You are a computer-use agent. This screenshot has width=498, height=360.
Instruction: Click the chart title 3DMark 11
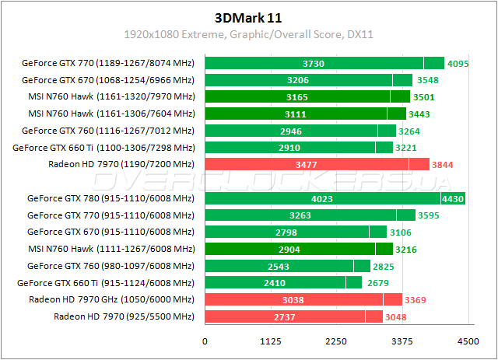(248, 17)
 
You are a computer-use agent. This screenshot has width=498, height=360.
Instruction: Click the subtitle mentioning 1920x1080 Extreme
(248, 34)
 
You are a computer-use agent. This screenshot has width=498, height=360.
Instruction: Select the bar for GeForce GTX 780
(335, 197)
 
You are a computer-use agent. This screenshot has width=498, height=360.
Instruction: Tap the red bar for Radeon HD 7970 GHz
(303, 299)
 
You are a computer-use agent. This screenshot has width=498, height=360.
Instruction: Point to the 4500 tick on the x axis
(468, 341)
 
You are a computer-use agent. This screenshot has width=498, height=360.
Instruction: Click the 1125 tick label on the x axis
(270, 341)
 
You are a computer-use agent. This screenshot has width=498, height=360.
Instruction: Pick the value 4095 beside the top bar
(458, 63)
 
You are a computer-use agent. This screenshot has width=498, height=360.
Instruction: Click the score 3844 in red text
(443, 164)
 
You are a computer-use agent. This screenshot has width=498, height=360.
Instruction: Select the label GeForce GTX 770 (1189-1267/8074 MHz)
(108, 63)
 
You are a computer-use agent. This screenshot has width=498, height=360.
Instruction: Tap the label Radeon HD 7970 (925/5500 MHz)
(123, 316)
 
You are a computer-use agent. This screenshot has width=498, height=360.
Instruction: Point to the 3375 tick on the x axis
(402, 341)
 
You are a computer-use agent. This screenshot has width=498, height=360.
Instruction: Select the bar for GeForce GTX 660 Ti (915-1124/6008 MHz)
(283, 282)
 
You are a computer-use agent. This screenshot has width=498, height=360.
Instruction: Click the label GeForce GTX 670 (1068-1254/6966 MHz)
(108, 79)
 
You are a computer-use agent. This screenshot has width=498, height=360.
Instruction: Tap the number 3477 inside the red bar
(306, 164)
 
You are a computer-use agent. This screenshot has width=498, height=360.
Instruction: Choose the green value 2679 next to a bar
(379, 282)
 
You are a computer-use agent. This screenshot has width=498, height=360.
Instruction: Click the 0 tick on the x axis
(205, 341)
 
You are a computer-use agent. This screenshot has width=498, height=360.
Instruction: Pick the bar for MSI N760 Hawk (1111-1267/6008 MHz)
(299, 249)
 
